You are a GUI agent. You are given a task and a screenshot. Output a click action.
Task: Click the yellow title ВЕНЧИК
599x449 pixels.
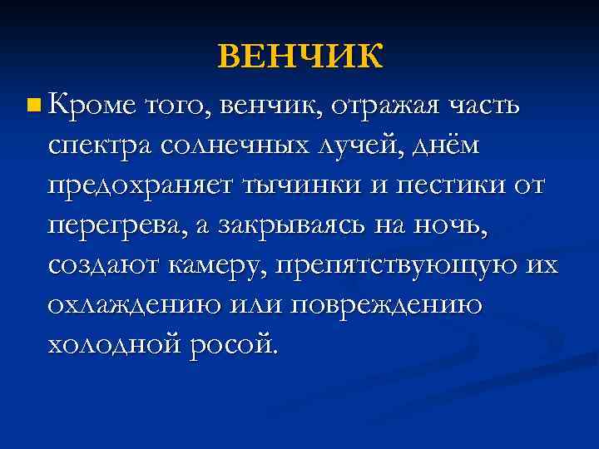[x=300, y=57]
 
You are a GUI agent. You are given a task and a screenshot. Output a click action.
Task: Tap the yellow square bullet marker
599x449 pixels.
[x=32, y=106]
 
